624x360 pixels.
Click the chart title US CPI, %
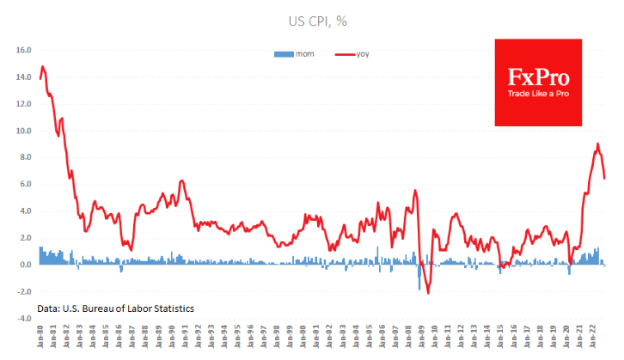coord(312,20)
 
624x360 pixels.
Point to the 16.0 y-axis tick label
coord(23,51)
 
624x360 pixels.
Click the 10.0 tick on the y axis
coord(23,131)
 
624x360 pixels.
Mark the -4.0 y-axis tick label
coord(23,318)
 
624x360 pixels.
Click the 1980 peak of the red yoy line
coord(43,66)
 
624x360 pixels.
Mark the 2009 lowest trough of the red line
coord(428,294)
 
